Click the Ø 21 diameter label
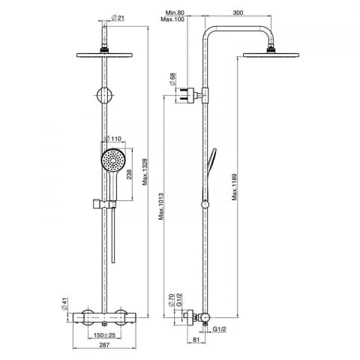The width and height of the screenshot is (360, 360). pos(118,18)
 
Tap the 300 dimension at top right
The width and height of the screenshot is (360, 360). pos(238,13)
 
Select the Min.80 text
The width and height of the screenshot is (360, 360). pos(175,13)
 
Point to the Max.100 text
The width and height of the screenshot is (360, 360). pos(172,19)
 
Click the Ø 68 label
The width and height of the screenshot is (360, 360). pos(172,79)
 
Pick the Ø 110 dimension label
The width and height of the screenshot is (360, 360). pos(112,139)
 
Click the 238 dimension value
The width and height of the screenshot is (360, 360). pos(129,174)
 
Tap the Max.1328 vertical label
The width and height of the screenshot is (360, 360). pos(145,172)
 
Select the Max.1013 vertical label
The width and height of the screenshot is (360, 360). pos(161,206)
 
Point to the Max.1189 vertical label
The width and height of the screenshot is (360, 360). pos(234,187)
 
